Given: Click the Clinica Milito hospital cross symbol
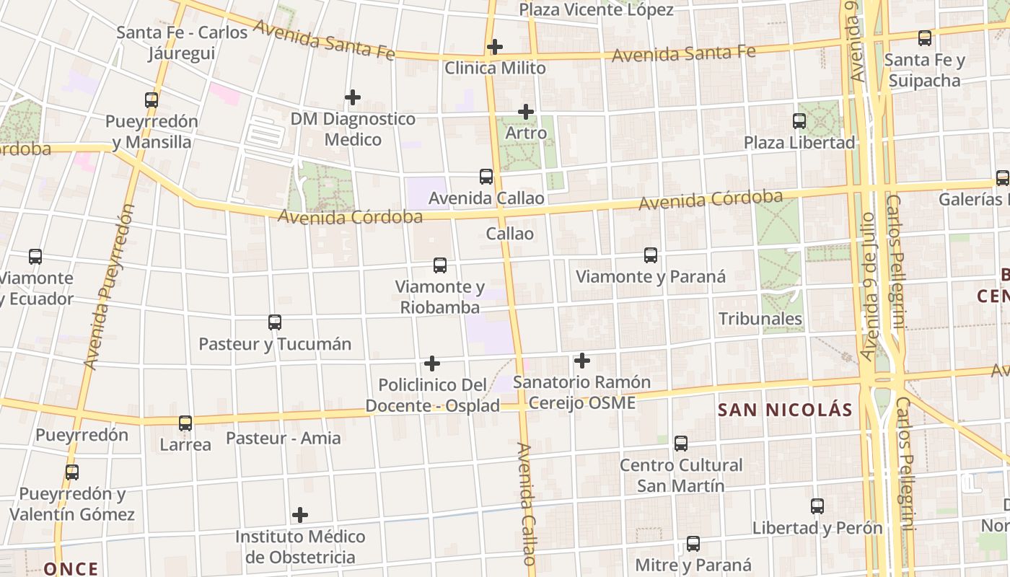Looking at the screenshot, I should pos(495,47).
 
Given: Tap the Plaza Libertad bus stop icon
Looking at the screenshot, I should pos(799,121).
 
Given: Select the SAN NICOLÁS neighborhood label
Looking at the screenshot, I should pos(785,410).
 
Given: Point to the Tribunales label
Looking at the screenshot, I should pos(760,319).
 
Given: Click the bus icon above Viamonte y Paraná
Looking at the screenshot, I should pos(651,255).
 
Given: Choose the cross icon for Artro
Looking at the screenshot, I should pos(526,112).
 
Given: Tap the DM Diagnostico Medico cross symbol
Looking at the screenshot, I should pos(353,97).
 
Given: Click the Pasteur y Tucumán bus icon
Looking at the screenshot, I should pos(275,322).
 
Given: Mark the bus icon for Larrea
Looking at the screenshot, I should pos(185,423).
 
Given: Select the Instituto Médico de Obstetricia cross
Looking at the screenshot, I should pos(300,515).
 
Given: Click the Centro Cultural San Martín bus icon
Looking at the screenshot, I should pos(681,444).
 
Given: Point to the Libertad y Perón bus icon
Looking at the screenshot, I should pos(817,506).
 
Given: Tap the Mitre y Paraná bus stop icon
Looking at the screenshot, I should pos(693,544).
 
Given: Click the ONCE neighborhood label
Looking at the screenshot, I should pos(71,568).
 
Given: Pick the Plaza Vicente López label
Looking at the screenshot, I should pos(596,10).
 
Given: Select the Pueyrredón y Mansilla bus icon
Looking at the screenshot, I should pos(151,100).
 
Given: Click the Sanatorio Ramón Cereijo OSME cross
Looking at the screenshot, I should pos(582,361).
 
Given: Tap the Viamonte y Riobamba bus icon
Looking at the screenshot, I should pos(440,265).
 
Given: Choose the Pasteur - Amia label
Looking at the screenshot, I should pos(284,438).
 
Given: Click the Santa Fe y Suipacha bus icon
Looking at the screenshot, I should pos(925,38).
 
